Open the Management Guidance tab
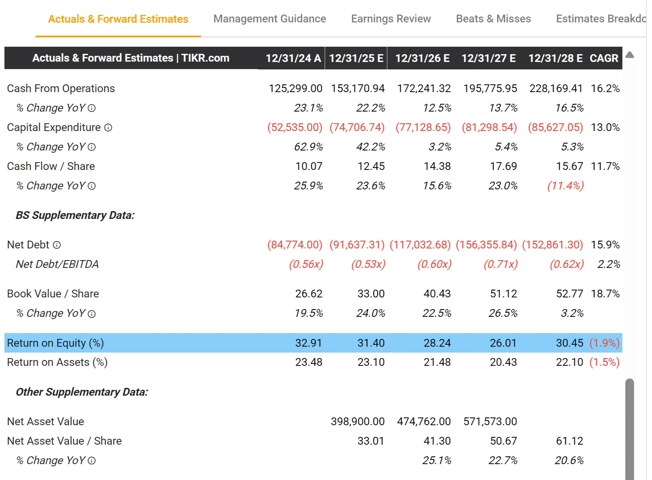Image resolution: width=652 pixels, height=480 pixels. pyautogui.click(x=269, y=19)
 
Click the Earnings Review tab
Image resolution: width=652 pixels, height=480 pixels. pyautogui.click(x=391, y=19)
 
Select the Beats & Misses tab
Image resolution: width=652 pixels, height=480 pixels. pyautogui.click(x=493, y=19)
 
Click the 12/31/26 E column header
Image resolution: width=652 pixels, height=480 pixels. pyautogui.click(x=422, y=58)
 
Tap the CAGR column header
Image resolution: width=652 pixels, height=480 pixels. pyautogui.click(x=604, y=58)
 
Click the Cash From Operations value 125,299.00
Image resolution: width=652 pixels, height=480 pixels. pyautogui.click(x=295, y=89)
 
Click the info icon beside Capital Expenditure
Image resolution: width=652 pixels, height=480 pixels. pyautogui.click(x=108, y=128)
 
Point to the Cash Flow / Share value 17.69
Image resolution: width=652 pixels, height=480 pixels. pyautogui.click(x=503, y=166)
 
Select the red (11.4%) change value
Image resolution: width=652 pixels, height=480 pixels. pyautogui.click(x=565, y=186)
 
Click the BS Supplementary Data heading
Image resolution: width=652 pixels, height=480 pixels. pyautogui.click(x=75, y=215)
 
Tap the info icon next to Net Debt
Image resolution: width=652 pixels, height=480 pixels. pyautogui.click(x=57, y=245)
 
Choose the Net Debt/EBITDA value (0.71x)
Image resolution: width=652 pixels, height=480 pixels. pyautogui.click(x=501, y=264)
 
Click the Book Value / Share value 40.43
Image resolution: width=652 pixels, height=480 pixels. pyautogui.click(x=437, y=294)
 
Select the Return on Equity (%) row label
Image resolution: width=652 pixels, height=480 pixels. pyautogui.click(x=55, y=343)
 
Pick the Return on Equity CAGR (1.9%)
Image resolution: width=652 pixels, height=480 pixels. pyautogui.click(x=604, y=343)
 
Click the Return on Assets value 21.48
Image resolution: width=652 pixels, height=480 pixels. pyautogui.click(x=437, y=362)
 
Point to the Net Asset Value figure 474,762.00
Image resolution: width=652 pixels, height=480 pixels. pyautogui.click(x=424, y=422)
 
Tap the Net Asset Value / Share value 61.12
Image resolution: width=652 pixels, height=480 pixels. pyautogui.click(x=569, y=441)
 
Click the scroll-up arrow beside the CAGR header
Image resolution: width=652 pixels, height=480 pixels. pyautogui.click(x=629, y=55)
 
